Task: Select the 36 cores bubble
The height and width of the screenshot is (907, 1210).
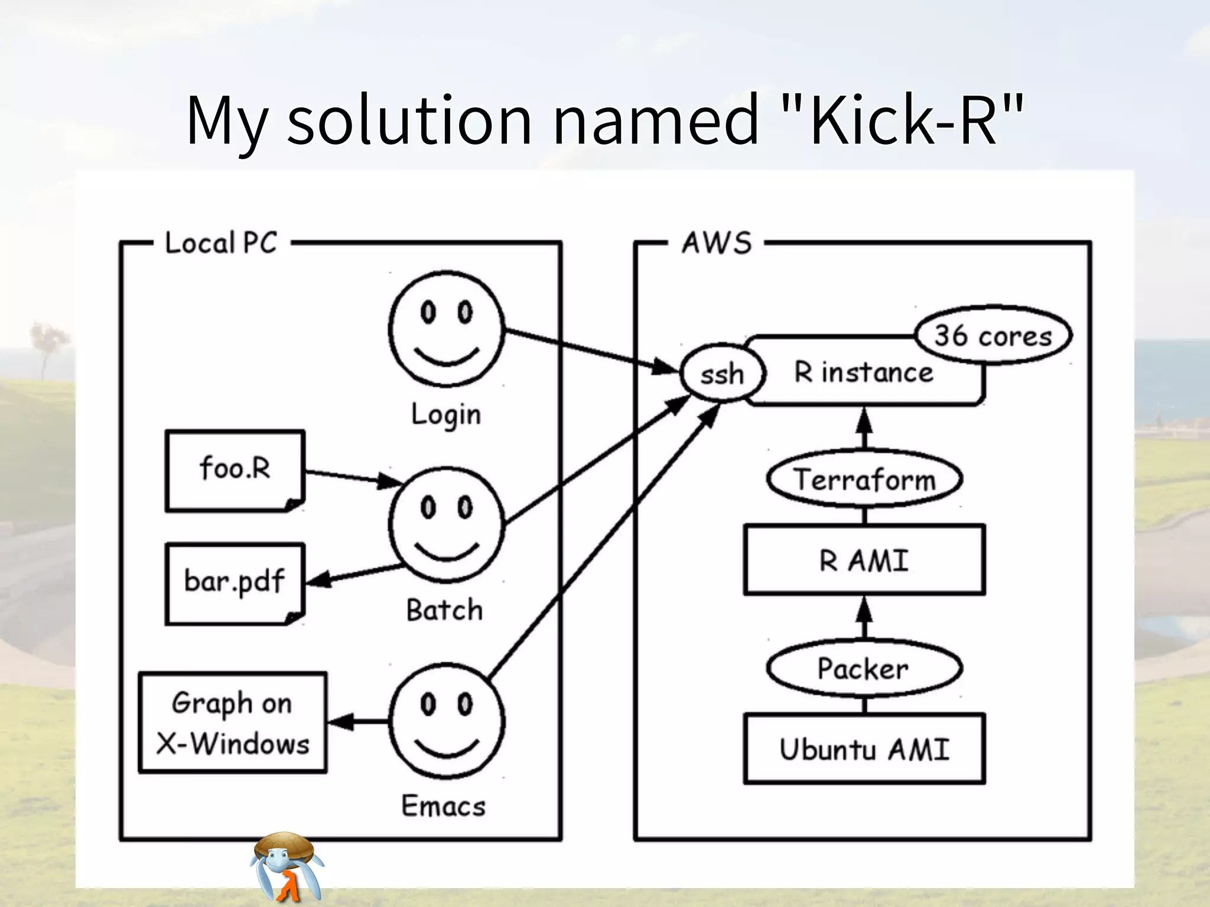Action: (993, 335)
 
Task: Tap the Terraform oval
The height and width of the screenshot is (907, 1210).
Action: (864, 479)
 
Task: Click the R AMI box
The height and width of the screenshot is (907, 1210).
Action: (864, 560)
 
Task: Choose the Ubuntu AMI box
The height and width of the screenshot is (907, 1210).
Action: (864, 749)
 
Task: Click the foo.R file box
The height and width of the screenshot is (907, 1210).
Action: (235, 469)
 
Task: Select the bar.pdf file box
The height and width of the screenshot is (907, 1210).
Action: (235, 582)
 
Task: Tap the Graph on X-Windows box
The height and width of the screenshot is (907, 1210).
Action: (233, 723)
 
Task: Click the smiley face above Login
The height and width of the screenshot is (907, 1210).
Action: (447, 329)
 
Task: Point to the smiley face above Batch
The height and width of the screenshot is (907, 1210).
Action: (447, 524)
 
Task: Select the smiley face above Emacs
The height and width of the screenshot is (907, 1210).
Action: (447, 721)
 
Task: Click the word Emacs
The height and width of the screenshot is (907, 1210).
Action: (444, 805)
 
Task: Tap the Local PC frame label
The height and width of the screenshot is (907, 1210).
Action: (221, 243)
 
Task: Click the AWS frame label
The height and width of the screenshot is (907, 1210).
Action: (717, 243)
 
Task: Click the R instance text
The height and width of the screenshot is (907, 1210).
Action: (864, 373)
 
